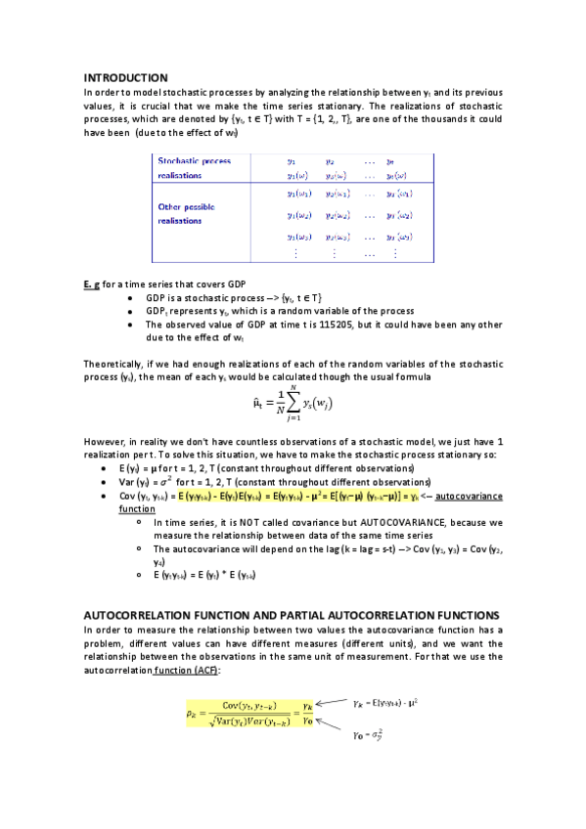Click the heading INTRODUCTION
click(x=125, y=77)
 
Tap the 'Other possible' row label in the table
click(x=186, y=207)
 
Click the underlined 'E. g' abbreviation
click(x=92, y=284)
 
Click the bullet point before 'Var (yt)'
click(x=105, y=483)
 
